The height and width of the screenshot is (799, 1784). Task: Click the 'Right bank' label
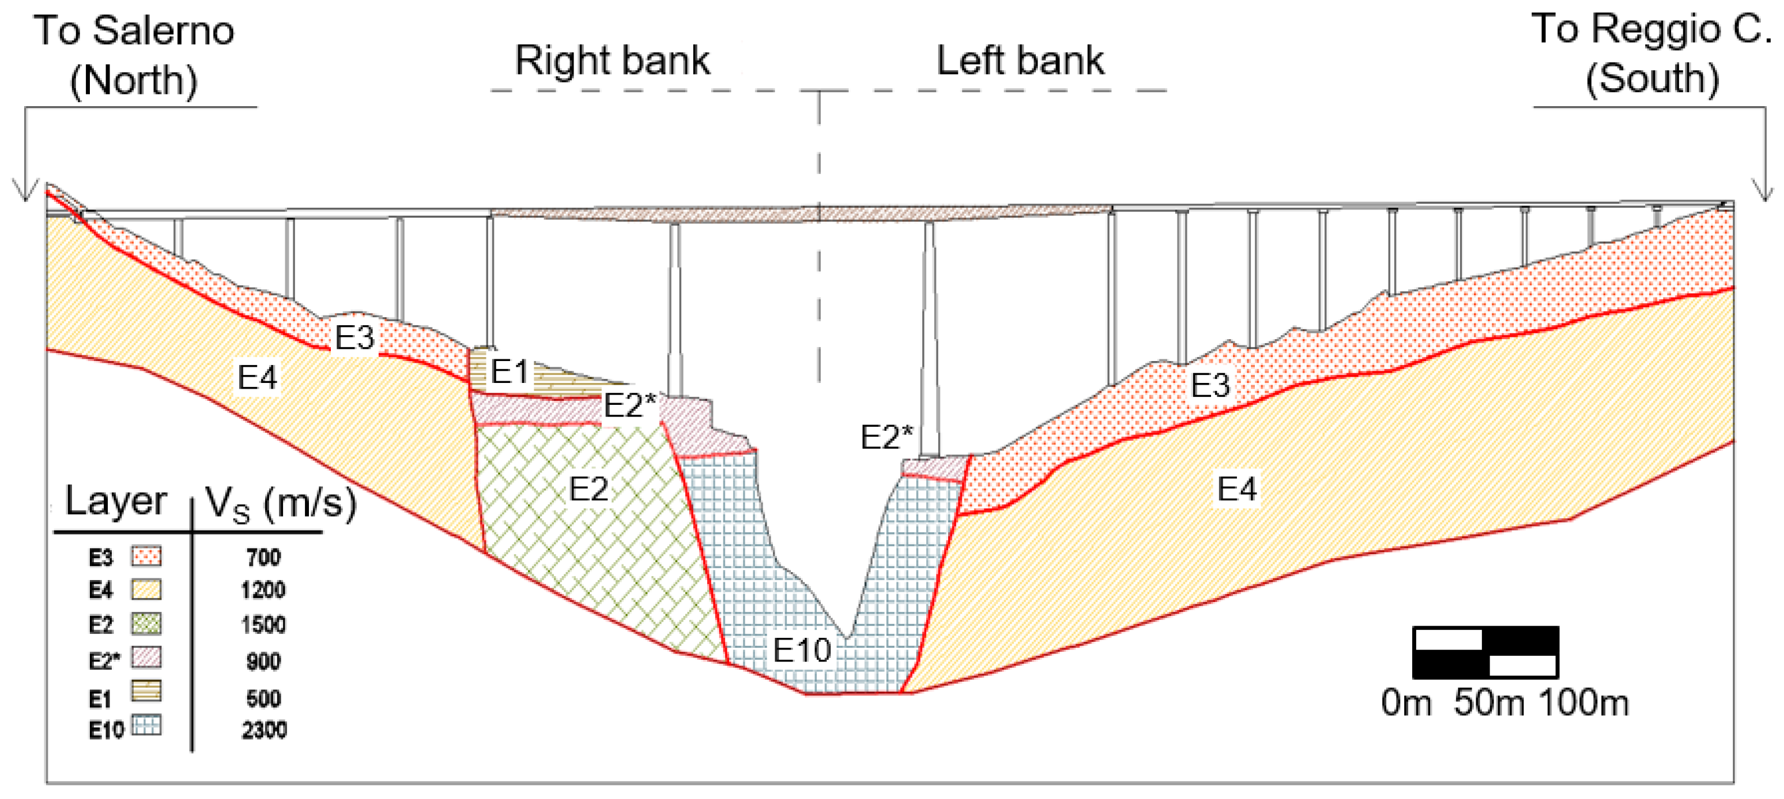point(612,61)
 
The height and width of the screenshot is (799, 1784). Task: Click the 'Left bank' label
point(1020,61)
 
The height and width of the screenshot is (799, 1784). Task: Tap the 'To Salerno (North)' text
point(134,56)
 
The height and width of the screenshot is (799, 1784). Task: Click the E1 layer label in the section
point(509,372)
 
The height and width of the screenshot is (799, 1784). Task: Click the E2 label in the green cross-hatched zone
point(588,490)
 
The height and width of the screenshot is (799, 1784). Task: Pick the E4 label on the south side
point(1236,489)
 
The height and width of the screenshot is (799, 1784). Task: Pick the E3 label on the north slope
point(354,338)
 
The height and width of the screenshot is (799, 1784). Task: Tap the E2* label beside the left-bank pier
point(886,437)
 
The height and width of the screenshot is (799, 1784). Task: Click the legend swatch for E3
point(146,556)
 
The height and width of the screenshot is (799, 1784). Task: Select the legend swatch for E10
point(146,725)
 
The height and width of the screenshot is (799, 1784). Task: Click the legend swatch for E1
point(146,690)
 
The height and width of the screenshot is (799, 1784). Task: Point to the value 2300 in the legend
point(264,730)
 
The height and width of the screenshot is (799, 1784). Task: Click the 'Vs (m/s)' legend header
point(280,503)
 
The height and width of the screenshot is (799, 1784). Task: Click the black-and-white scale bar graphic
point(1486,652)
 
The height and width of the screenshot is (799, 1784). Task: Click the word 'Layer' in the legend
point(116,501)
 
